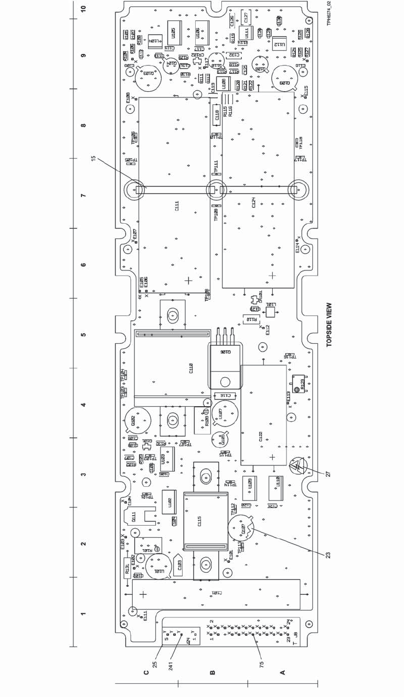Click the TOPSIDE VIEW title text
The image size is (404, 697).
[x=330, y=325]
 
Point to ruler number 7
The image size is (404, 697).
[x=84, y=195]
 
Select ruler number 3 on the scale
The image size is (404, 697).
[x=84, y=475]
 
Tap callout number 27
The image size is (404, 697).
[x=328, y=473]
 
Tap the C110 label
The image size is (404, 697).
[x=191, y=369]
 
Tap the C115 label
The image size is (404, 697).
[x=199, y=522]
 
